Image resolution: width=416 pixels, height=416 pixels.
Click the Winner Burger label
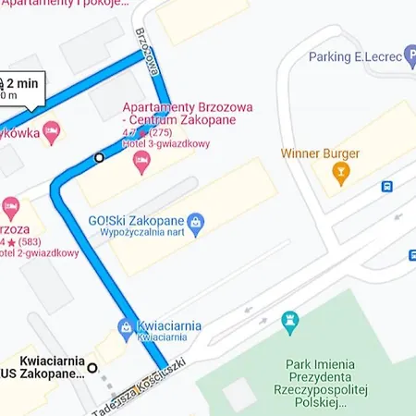321,153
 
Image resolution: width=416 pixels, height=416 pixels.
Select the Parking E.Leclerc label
355,57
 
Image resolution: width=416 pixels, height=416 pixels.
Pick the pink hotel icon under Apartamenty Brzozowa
141,164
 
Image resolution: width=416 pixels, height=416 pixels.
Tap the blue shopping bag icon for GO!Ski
195,222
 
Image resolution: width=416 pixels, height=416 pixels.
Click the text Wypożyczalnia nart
141,234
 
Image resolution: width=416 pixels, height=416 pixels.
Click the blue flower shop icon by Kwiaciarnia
125,326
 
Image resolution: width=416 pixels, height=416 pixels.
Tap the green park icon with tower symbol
290,320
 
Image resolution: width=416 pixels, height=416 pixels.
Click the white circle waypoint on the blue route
99,157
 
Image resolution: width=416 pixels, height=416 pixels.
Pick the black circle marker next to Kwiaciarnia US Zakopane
92,368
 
